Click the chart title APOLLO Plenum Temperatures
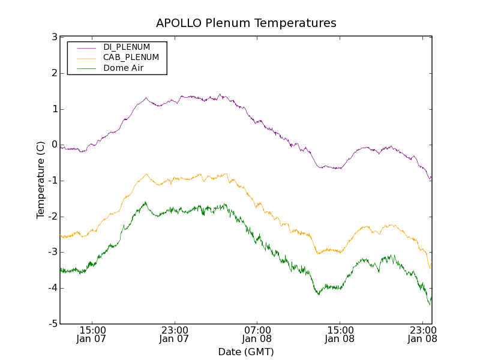(x=246, y=23)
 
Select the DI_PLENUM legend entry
(x=126, y=47)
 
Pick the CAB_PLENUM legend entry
(x=131, y=58)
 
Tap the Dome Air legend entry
(x=123, y=68)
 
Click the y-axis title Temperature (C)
(x=41, y=180)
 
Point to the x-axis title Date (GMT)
(x=246, y=352)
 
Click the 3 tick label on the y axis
(x=55, y=37)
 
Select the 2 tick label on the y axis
(x=55, y=73)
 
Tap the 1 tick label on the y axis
(x=55, y=109)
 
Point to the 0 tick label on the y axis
(x=55, y=145)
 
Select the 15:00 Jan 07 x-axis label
(x=92, y=334)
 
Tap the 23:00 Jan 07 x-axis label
(x=175, y=334)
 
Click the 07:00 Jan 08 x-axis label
(x=257, y=334)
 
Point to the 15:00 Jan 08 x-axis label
(x=340, y=334)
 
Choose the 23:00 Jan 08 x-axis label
(x=422, y=334)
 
